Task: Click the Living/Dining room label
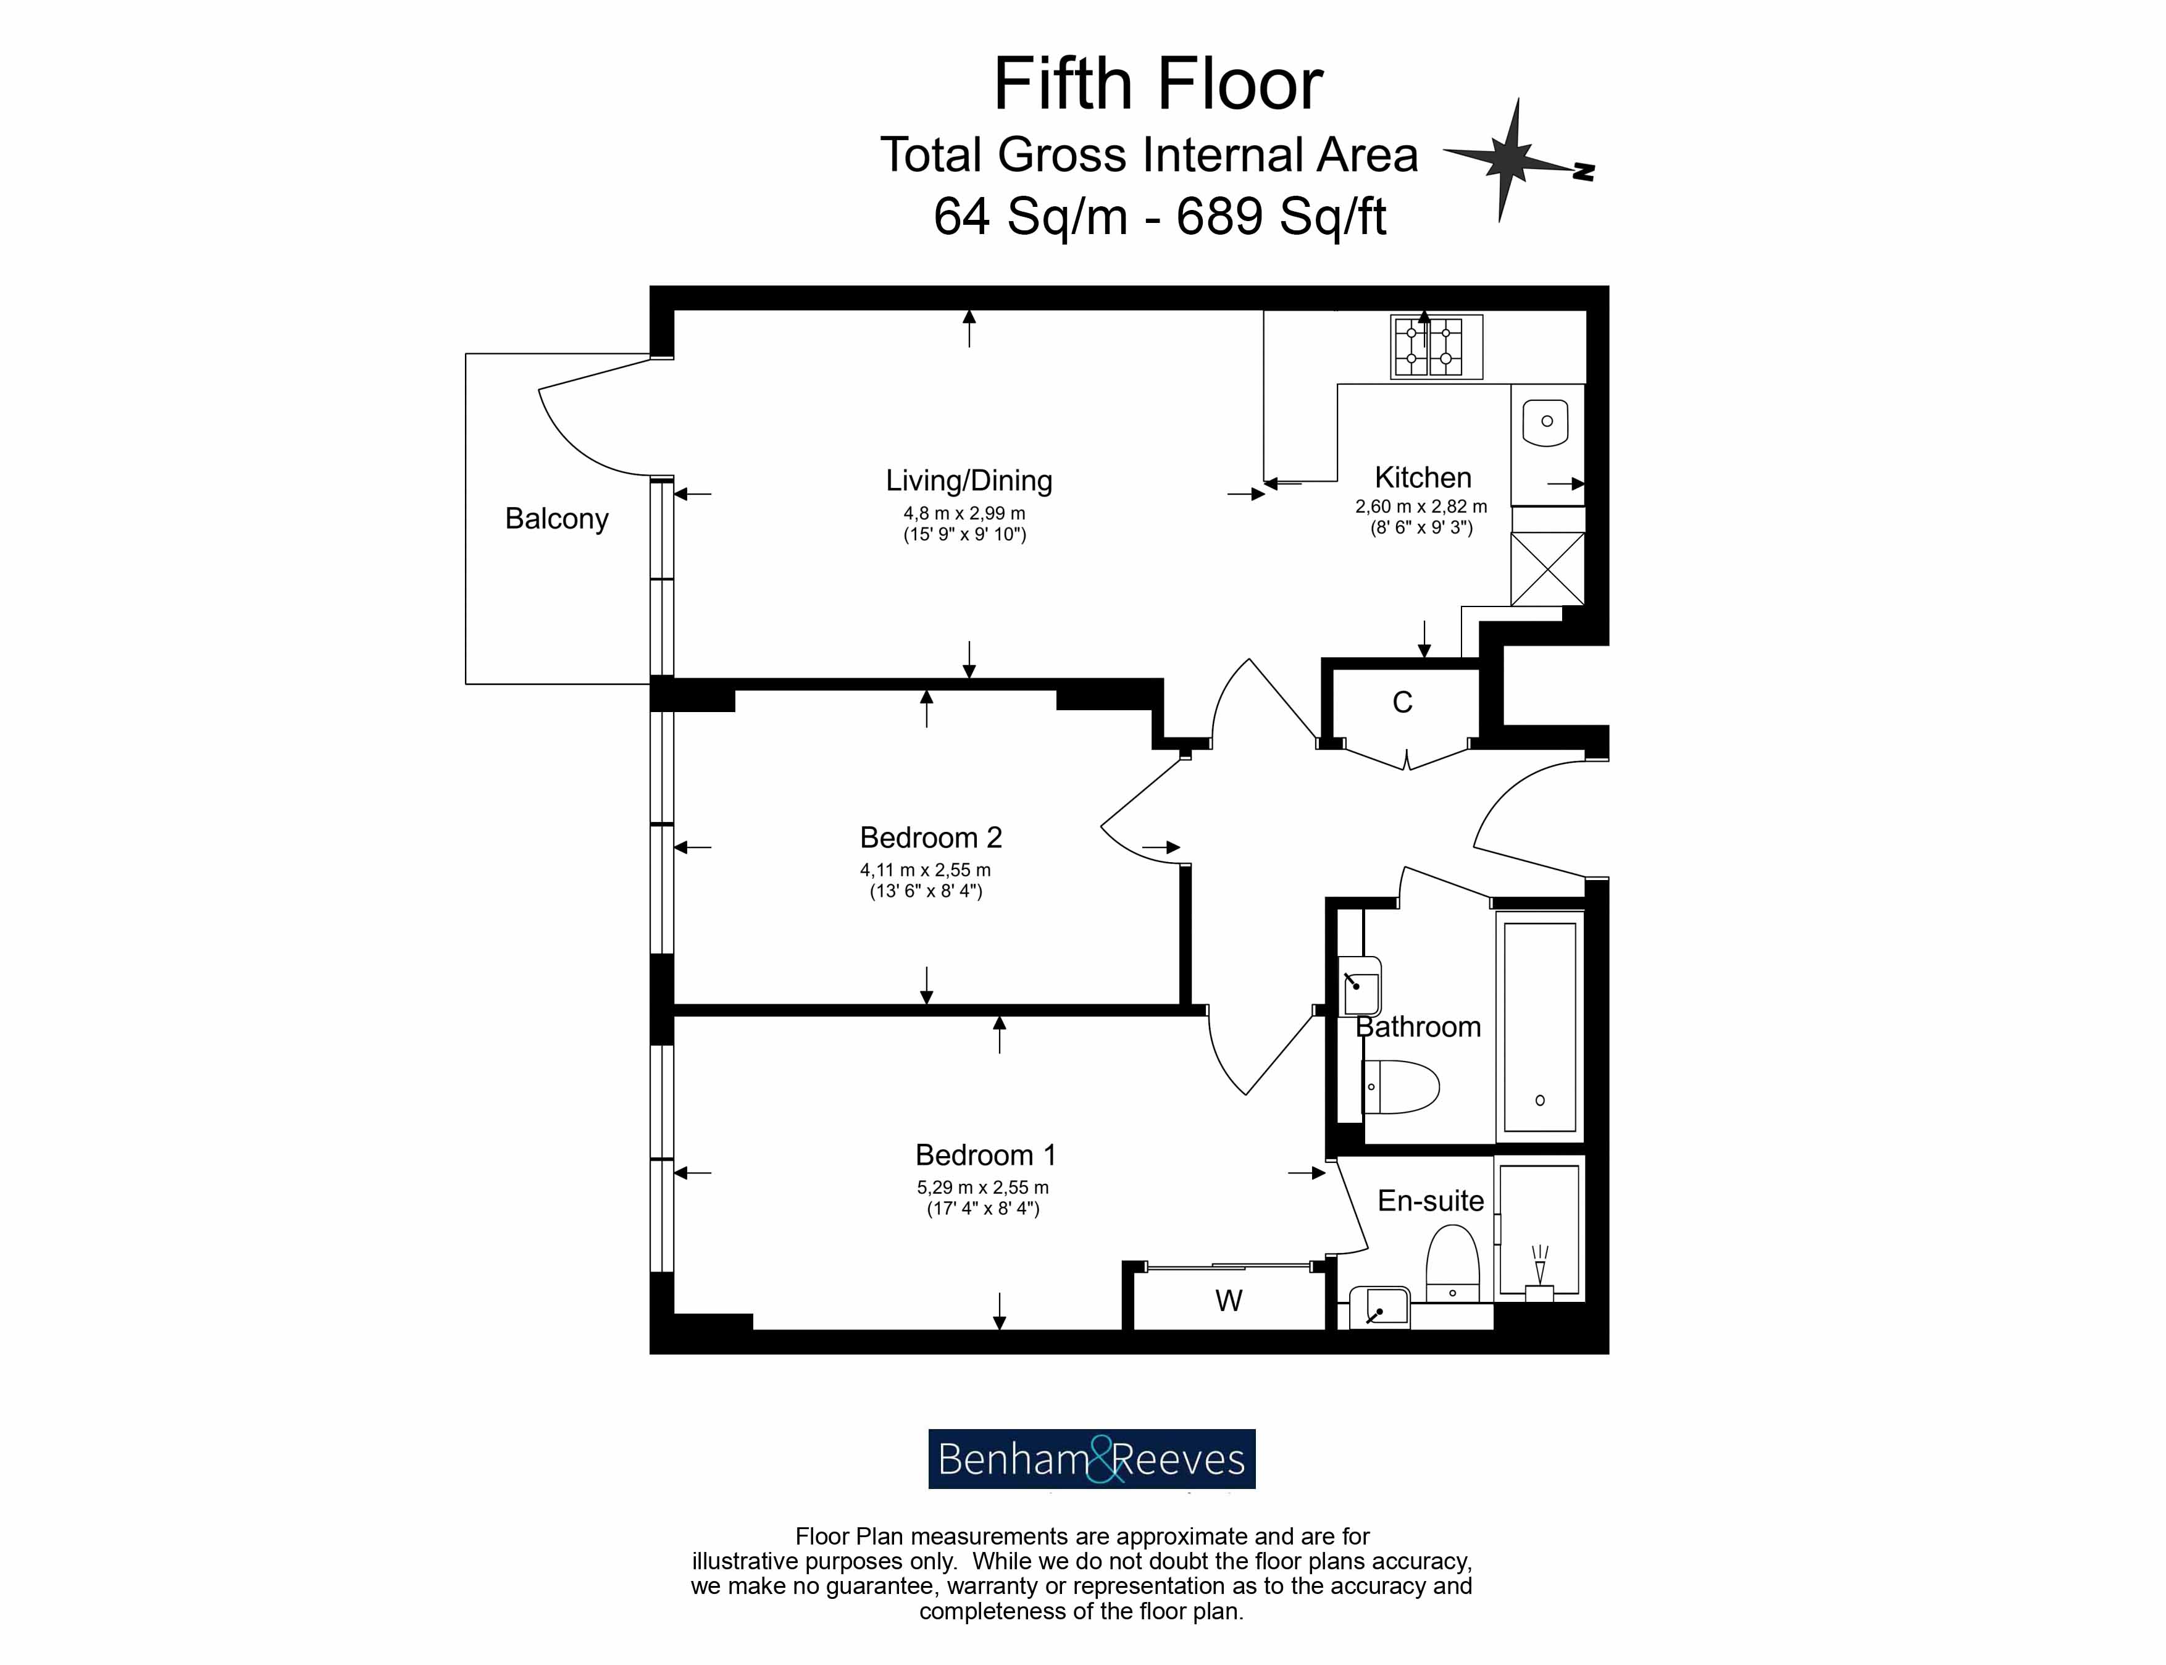coord(968,480)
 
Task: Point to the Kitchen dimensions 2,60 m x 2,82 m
coord(1420,506)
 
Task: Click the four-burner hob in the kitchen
coord(1436,346)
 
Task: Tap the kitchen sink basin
coord(1545,421)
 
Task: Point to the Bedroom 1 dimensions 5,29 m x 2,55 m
coord(981,1188)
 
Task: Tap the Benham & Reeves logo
coord(1091,1459)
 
